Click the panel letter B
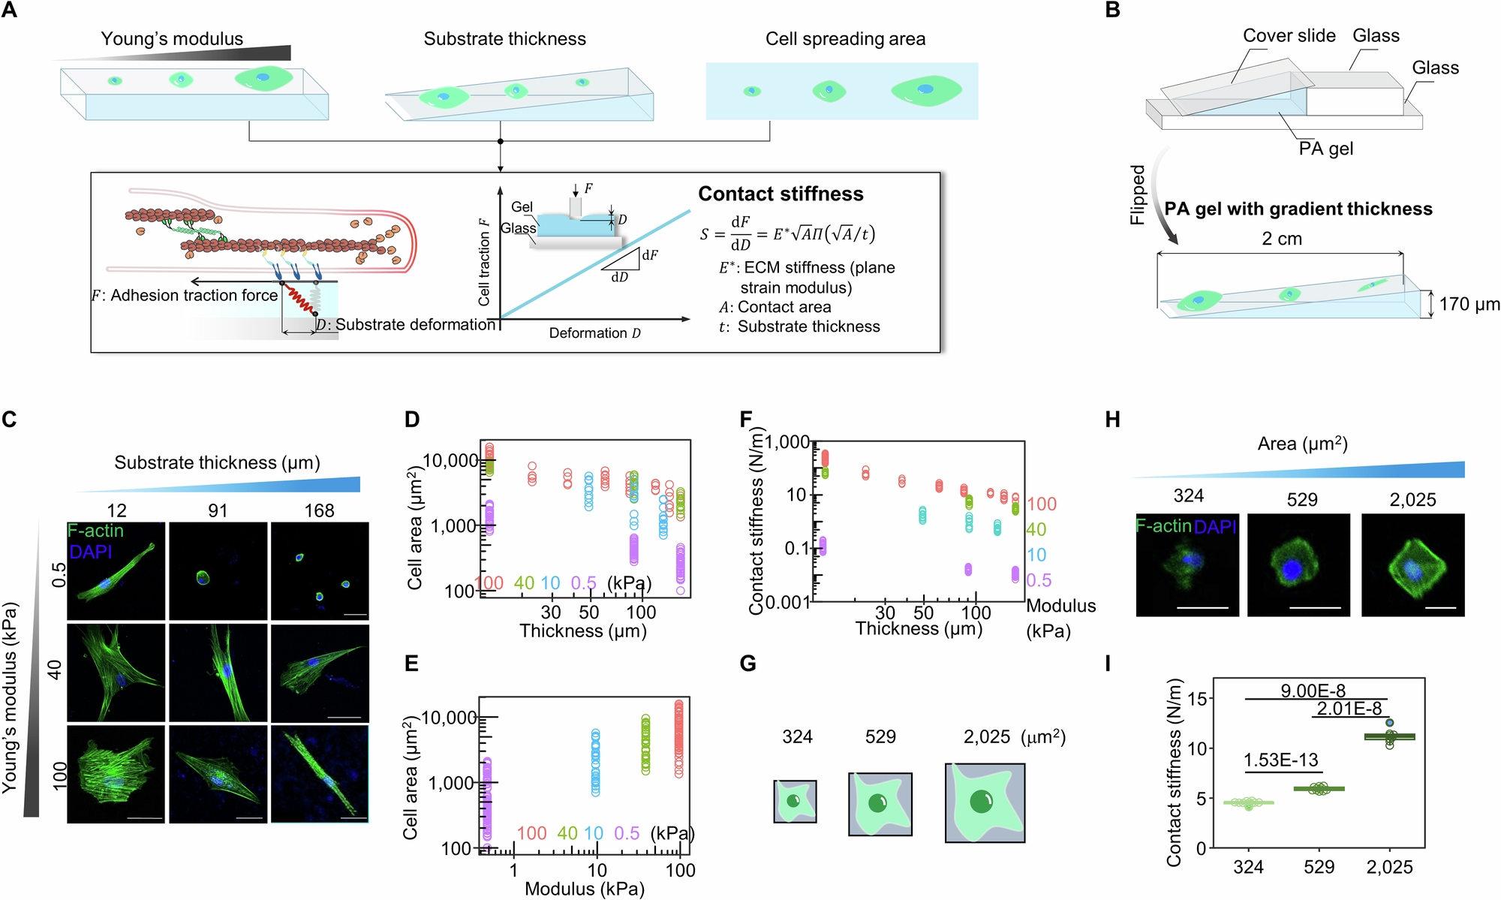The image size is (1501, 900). click(1113, 11)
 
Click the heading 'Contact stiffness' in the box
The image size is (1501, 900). click(781, 194)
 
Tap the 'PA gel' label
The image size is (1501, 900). click(1325, 149)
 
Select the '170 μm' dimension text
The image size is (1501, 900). click(1469, 304)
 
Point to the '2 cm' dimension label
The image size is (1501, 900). click(1281, 239)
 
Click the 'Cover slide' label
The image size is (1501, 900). click(1289, 35)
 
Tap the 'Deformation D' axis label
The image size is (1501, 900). click(594, 333)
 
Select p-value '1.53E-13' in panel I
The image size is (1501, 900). click(1280, 760)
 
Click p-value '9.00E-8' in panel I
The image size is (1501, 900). click(1313, 691)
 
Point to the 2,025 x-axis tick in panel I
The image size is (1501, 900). click(1389, 868)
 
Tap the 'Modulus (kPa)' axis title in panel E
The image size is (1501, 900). click(584, 889)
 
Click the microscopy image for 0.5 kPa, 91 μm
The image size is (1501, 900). click(218, 571)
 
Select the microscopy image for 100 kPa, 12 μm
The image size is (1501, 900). click(116, 774)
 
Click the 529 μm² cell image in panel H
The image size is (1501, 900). click(1298, 565)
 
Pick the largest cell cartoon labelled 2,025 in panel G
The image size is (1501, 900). click(985, 803)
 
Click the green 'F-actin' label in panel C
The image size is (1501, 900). click(95, 531)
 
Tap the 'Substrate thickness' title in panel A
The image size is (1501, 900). click(504, 39)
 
